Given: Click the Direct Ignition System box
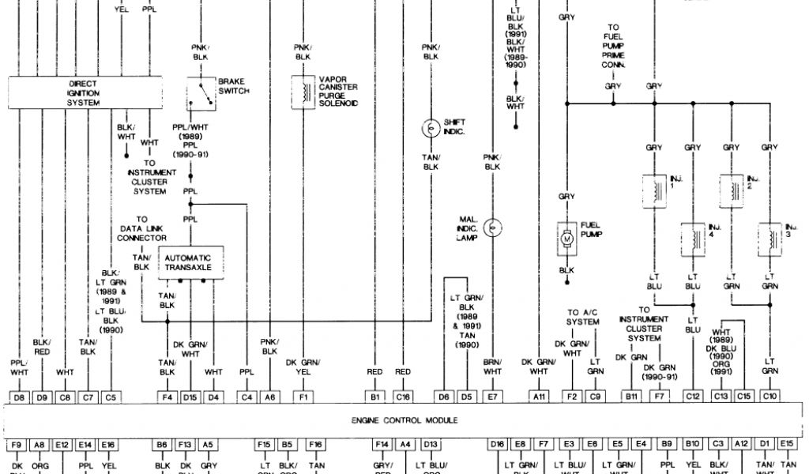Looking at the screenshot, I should (84, 92).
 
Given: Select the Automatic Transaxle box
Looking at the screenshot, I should (191, 261).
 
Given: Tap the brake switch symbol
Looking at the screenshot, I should (201, 93).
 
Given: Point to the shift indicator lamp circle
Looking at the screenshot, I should (431, 127).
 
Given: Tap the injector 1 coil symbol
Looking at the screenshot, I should (654, 190).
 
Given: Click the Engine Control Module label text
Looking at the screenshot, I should (404, 420).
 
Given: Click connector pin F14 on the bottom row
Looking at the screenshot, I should (382, 445).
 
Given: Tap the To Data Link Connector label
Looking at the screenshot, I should (141, 229).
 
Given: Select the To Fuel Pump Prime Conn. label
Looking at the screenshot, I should (613, 47).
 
